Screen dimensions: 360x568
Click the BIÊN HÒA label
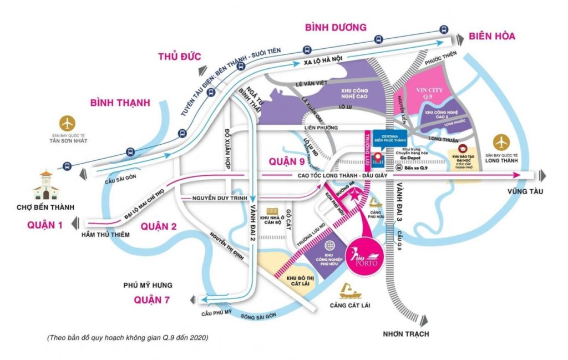point(491,36)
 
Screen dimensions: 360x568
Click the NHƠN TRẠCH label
point(405,334)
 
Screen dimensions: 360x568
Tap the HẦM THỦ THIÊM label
point(105,235)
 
